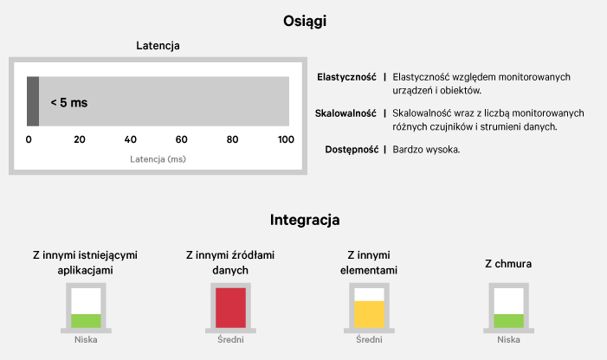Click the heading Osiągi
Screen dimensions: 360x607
tap(304, 21)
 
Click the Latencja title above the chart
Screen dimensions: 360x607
tap(158, 46)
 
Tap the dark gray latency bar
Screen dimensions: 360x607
tap(33, 102)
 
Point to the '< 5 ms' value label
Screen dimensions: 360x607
tap(68, 102)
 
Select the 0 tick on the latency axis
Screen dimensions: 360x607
tap(29, 139)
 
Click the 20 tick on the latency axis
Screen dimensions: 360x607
tap(80, 139)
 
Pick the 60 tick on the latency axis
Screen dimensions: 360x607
tap(182, 139)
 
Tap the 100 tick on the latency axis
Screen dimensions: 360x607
tap(284, 139)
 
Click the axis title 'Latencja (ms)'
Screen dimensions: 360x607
tap(158, 159)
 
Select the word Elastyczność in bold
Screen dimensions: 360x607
tap(346, 77)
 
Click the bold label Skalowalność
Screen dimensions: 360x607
tap(345, 113)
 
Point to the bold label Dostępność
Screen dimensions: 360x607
tap(351, 150)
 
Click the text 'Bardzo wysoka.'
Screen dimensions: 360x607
tap(426, 150)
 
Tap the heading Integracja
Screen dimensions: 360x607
tap(305, 220)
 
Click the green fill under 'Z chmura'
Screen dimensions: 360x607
tap(509, 320)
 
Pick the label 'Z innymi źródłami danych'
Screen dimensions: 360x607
tap(230, 262)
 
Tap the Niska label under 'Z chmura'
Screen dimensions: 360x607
tap(509, 340)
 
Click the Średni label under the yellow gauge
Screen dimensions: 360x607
tap(370, 340)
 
